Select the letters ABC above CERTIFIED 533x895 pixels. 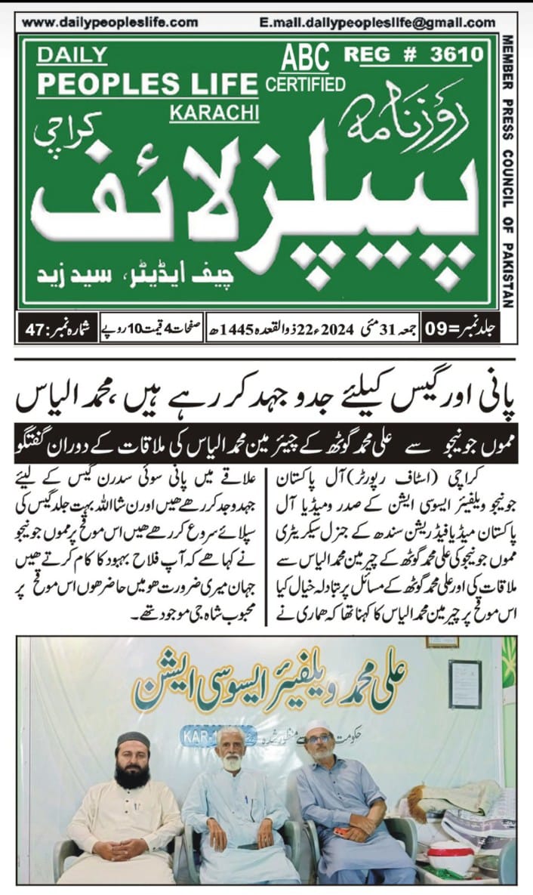304,57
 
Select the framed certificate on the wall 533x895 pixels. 464,684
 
